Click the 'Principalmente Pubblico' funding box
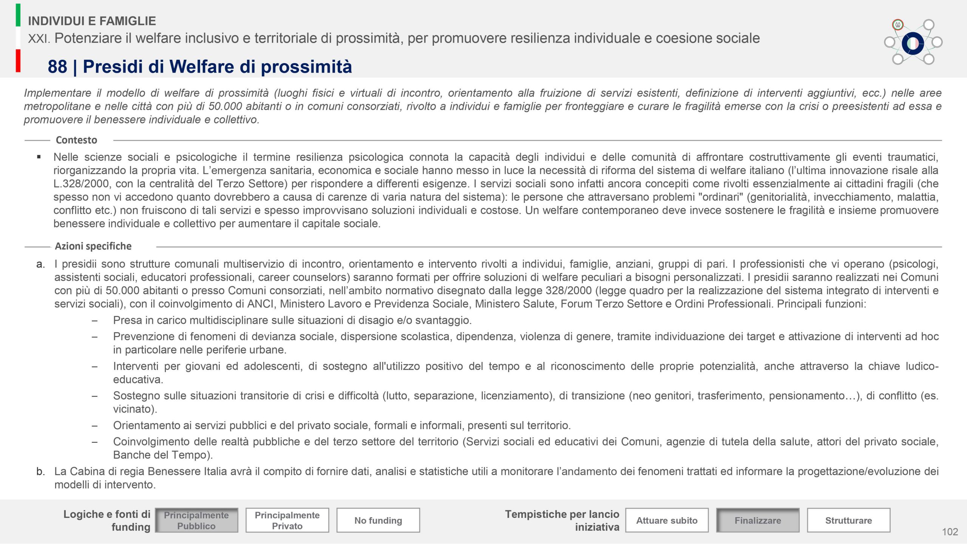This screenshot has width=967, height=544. (196, 520)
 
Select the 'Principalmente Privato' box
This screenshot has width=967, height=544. (287, 520)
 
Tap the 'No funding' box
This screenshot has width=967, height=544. (378, 520)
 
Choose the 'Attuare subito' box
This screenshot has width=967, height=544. (667, 520)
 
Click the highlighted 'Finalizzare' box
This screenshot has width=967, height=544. (758, 520)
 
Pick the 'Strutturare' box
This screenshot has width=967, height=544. (848, 520)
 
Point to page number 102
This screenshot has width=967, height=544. (950, 532)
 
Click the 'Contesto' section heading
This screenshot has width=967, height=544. (76, 140)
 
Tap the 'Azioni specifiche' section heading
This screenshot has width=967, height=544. (93, 246)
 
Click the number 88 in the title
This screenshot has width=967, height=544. (57, 67)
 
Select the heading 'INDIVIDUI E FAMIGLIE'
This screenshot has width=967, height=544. (92, 21)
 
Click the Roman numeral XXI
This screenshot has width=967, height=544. (39, 39)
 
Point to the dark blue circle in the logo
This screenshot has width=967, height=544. (913, 43)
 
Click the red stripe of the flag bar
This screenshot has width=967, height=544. (18, 60)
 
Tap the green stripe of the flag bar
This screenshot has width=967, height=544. (18, 15)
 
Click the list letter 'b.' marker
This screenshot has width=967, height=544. (40, 471)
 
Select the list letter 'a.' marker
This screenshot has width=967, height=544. (40, 264)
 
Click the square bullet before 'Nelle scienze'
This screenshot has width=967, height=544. (39, 157)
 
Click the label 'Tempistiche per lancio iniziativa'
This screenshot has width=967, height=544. (562, 520)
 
